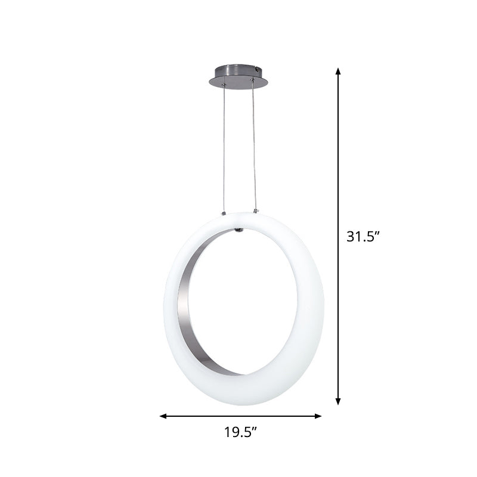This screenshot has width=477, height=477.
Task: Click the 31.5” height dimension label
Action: click(x=363, y=236)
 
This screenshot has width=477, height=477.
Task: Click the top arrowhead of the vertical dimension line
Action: click(x=338, y=71)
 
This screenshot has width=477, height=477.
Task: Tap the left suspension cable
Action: click(x=224, y=149)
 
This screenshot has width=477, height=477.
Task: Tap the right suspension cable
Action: click(x=254, y=149)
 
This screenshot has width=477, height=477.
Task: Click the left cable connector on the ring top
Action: click(x=224, y=212)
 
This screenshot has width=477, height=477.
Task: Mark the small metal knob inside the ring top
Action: click(x=239, y=228)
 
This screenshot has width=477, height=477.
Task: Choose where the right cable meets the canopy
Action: click(x=253, y=86)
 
